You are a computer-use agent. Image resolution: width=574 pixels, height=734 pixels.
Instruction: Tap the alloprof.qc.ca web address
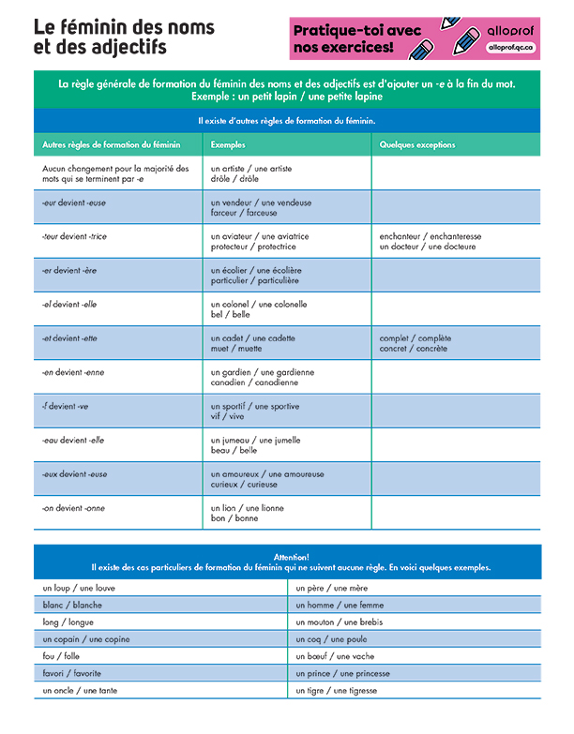[512, 46]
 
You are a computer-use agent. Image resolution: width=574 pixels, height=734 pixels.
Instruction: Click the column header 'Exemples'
[228, 145]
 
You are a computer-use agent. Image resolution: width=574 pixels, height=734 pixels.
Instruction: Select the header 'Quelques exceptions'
[417, 145]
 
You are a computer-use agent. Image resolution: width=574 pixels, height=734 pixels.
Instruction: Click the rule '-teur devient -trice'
[75, 236]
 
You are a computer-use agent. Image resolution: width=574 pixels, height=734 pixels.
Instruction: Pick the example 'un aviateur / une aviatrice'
[260, 236]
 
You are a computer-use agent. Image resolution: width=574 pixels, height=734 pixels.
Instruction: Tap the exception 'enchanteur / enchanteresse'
[430, 236]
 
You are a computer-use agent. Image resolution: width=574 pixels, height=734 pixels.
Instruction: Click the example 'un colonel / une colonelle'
[259, 305]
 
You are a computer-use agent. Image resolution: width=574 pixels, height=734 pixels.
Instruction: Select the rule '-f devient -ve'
[65, 407]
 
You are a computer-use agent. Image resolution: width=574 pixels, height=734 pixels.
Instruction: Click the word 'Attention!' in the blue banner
[291, 557]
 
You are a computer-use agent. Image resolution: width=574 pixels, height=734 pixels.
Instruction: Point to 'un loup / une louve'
[79, 588]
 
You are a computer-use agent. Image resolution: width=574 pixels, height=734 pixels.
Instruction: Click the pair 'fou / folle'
[61, 656]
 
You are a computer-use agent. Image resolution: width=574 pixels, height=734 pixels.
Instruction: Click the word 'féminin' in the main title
[98, 26]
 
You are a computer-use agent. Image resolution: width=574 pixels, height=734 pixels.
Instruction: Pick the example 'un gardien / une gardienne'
[263, 372]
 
